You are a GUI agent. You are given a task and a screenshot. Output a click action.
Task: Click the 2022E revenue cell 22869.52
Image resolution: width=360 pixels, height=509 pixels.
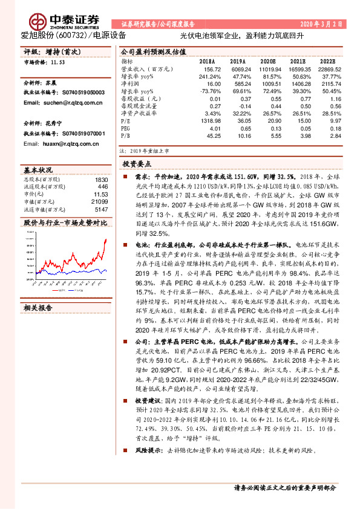point(331,70)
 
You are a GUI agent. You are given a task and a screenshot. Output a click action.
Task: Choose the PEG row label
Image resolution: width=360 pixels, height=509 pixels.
point(126,128)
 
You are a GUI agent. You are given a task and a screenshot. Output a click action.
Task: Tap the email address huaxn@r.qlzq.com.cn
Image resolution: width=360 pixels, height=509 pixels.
point(61,144)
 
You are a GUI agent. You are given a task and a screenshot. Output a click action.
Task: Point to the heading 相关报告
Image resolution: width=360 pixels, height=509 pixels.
point(39,307)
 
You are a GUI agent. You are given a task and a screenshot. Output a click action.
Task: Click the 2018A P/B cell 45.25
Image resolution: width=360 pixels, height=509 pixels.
point(212,135)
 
